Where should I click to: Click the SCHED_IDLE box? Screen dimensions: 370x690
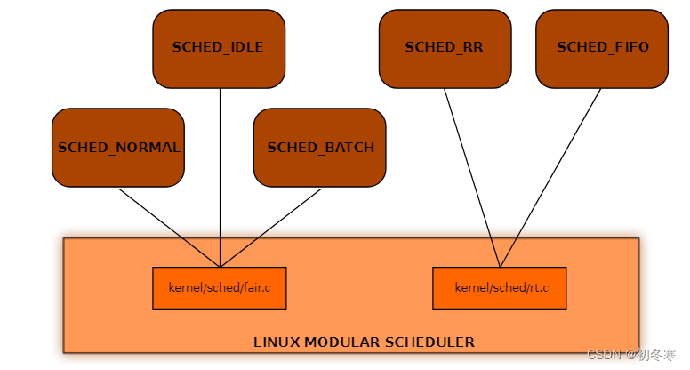[219, 48]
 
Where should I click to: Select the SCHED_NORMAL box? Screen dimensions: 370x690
[118, 148]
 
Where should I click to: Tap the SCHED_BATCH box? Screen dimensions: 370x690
[320, 148]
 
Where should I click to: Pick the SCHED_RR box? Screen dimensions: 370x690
[445, 48]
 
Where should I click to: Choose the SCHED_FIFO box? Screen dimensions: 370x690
[602, 48]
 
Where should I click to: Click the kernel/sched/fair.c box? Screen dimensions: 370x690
[219, 288]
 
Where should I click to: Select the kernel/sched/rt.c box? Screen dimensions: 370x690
[499, 288]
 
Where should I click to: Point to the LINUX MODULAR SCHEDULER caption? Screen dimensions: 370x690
[364, 342]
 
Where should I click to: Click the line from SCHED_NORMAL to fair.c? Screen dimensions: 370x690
[169, 228]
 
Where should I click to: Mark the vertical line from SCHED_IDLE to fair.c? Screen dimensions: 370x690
[220, 178]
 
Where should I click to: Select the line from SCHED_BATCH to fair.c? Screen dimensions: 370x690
[270, 228]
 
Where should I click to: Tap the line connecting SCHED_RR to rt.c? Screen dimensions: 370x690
[471, 178]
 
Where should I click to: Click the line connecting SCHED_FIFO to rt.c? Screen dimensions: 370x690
[551, 178]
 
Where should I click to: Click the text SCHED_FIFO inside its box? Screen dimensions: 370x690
[602, 47]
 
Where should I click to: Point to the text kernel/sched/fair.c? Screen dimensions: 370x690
[219, 288]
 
